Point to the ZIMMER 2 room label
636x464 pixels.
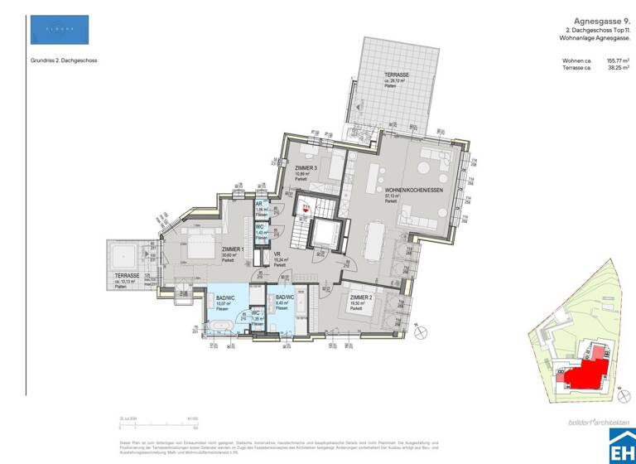click(x=359, y=296)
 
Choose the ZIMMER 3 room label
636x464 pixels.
click(x=306, y=168)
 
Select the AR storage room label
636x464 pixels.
click(x=259, y=203)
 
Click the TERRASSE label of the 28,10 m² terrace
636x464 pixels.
click(x=396, y=75)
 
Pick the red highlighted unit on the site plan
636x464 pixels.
click(x=583, y=369)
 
